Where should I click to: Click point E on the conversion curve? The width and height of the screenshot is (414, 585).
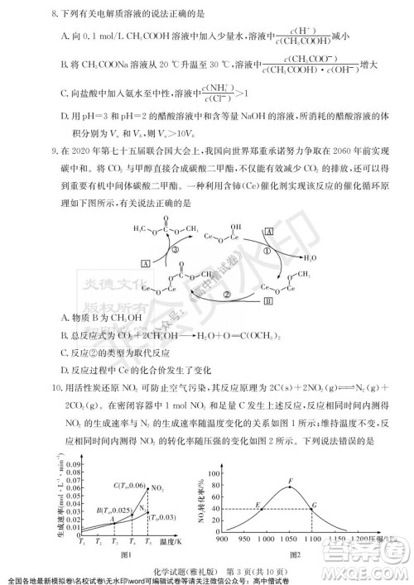(259, 505)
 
